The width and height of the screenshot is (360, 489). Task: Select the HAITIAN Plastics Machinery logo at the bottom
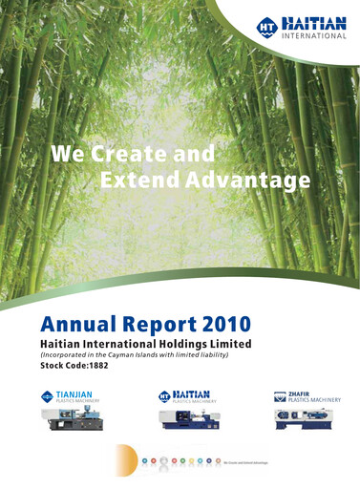(x=188, y=395)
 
